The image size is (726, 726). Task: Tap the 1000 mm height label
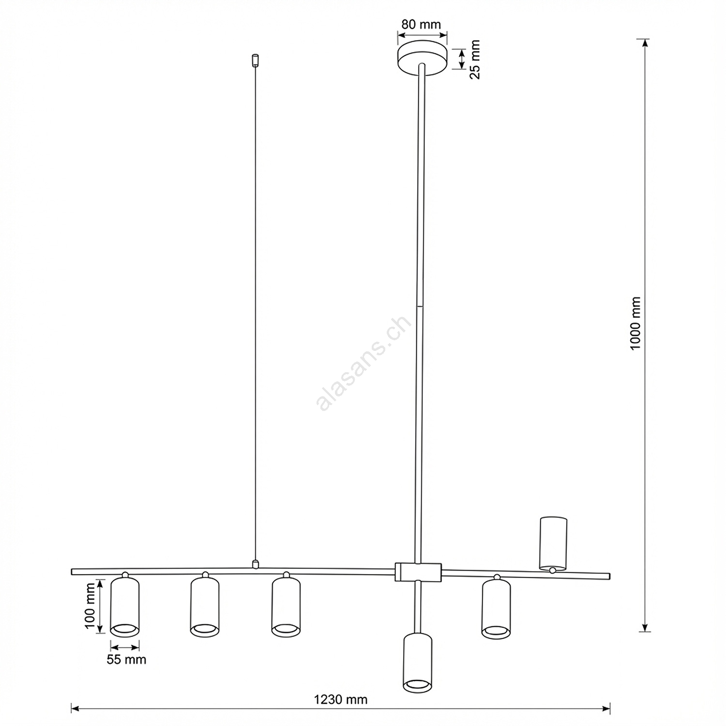(635, 324)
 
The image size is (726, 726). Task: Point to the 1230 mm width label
(341, 699)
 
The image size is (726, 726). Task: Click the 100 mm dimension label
(91, 605)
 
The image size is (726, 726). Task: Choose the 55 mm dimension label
(126, 660)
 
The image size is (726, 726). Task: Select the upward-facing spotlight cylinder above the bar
(553, 543)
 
